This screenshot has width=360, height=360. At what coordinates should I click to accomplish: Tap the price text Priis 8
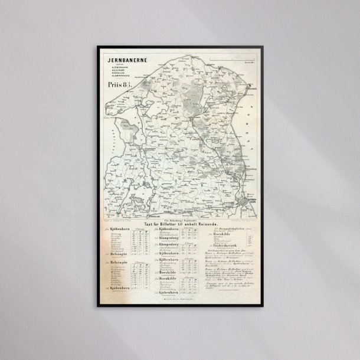[x=119, y=84]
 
